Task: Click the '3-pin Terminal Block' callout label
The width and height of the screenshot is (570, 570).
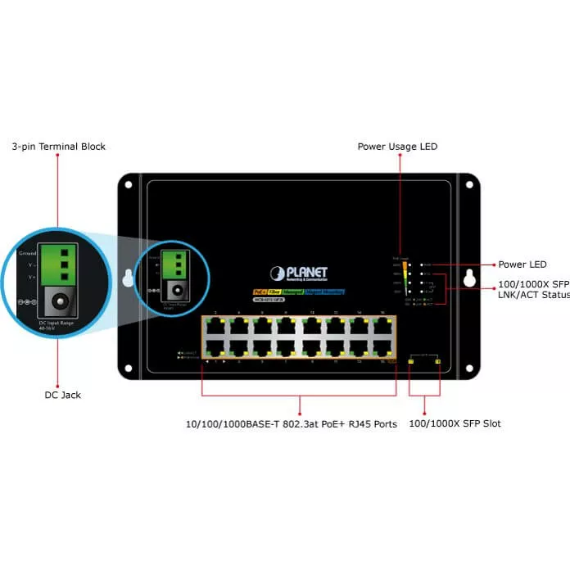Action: pos(58,147)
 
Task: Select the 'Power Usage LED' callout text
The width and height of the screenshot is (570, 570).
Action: pos(397,147)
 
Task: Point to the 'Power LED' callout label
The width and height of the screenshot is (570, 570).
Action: pos(522,265)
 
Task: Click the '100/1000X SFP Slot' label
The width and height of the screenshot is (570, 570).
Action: pos(455,423)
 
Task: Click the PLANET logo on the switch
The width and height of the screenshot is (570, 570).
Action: pos(300,273)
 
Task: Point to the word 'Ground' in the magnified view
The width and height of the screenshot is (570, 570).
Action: pos(27,254)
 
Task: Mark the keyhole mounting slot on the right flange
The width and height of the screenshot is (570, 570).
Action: pos(469,277)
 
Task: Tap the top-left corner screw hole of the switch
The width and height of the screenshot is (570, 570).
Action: pos(129,185)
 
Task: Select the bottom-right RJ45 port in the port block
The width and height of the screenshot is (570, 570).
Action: pos(381,346)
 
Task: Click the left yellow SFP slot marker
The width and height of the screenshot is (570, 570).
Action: pos(411,361)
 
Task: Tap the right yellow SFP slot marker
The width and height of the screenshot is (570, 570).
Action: pos(438,361)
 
